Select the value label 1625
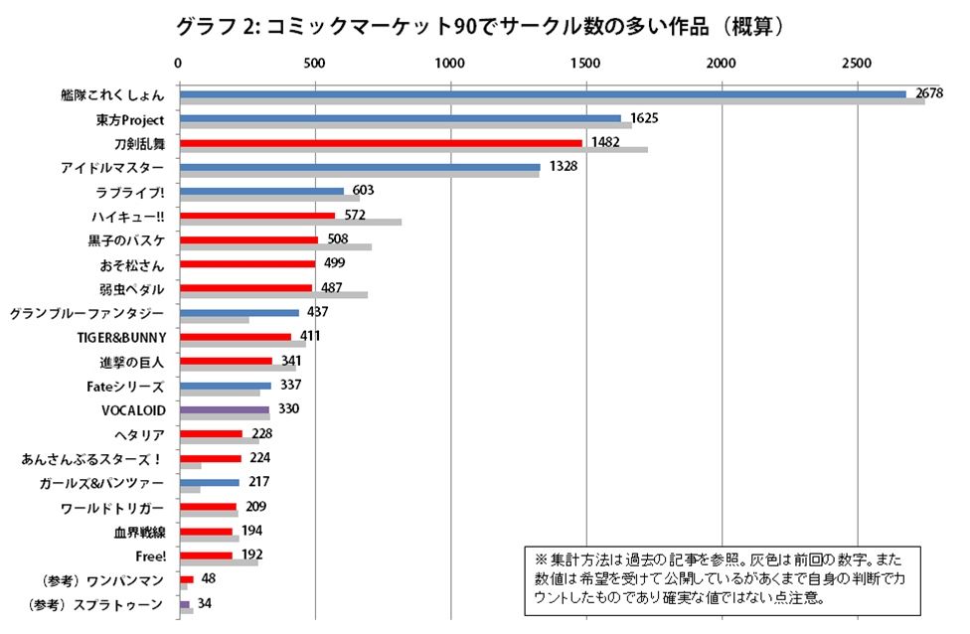(645, 118)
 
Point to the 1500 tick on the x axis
(585, 64)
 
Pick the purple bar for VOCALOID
(224, 409)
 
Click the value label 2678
(929, 93)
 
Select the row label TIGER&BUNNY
(121, 337)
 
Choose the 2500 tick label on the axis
(857, 64)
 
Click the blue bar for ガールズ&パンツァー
(209, 482)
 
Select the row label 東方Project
(131, 119)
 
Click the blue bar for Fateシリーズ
(225, 386)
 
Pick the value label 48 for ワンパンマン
(209, 578)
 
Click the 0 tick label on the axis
(179, 64)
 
